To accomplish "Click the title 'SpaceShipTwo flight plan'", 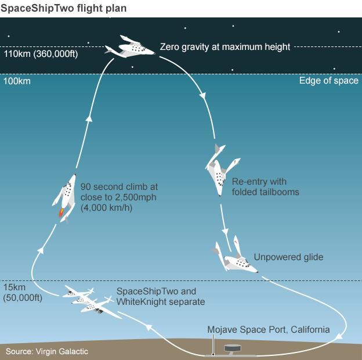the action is pyautogui.click(x=64, y=8).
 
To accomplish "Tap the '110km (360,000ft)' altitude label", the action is pyautogui.click(x=41, y=54).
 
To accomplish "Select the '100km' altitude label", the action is pyautogui.click(x=17, y=81).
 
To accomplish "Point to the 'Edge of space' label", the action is pyautogui.click(x=329, y=81).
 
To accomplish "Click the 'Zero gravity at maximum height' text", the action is pyautogui.click(x=225, y=47).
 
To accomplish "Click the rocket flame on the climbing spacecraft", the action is pyautogui.click(x=61, y=213).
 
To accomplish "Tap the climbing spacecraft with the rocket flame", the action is pyautogui.click(x=65, y=198).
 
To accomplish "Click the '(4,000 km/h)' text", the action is pyautogui.click(x=106, y=208).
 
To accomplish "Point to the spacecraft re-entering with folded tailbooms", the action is pyautogui.click(x=222, y=170).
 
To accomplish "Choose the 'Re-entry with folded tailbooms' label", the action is pyautogui.click(x=266, y=187).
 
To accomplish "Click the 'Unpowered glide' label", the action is pyautogui.click(x=288, y=257).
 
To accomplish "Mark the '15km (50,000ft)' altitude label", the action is pyautogui.click(x=23, y=293).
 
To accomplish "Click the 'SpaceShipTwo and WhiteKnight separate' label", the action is pyautogui.click(x=161, y=297).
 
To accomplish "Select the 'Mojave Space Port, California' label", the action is pyautogui.click(x=269, y=329).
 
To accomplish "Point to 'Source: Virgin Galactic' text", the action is pyautogui.click(x=47, y=351).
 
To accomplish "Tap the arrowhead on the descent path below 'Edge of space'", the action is pyautogui.click(x=203, y=95).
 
